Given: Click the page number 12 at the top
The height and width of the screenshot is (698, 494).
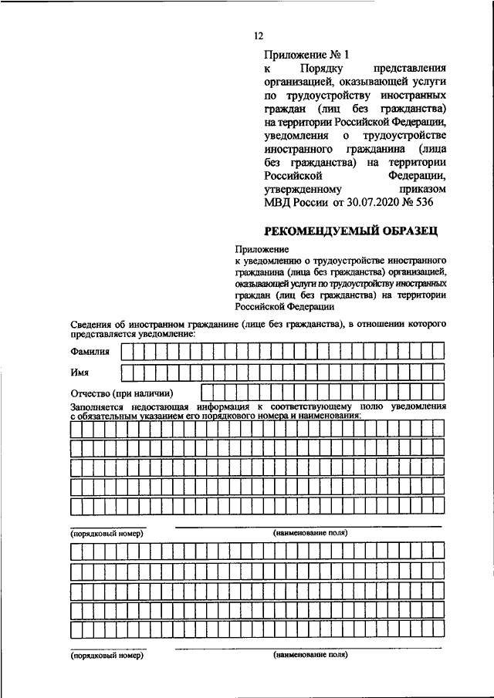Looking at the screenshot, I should [259, 35].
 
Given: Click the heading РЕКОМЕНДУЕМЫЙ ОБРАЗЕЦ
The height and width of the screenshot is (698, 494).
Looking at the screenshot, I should [356, 229].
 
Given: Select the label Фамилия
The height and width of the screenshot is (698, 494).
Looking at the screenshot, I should [90, 352].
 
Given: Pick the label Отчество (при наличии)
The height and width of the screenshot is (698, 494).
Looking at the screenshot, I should [121, 393].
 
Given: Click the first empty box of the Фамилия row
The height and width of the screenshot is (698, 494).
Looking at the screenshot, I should [127, 352].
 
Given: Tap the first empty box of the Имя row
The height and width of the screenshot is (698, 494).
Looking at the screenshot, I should [127, 372].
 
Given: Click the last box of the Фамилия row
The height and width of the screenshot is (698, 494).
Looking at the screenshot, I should [438, 352].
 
